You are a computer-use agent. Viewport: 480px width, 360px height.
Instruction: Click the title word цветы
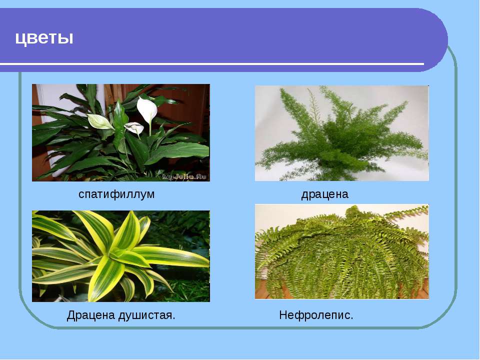[44, 38]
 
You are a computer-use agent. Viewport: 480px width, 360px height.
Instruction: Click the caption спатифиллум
[116, 194]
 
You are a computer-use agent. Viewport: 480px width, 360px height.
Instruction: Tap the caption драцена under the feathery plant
[325, 194]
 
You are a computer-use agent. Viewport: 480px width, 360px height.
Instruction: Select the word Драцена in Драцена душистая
[90, 314]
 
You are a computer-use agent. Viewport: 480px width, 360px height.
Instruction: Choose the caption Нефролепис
[316, 314]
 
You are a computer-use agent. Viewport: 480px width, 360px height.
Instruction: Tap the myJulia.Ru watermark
[184, 176]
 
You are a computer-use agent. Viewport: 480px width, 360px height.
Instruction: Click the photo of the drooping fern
[341, 251]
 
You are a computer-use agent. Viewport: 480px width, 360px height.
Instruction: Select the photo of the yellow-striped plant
[121, 256]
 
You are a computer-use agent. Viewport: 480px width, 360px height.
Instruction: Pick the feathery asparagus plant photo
[341, 133]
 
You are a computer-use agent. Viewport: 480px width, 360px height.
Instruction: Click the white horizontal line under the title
[212, 64]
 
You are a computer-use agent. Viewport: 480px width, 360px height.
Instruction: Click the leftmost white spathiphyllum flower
[99, 121]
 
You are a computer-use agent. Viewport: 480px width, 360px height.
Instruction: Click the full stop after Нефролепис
[351, 318]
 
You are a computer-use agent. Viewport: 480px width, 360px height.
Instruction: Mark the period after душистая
[173, 318]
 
